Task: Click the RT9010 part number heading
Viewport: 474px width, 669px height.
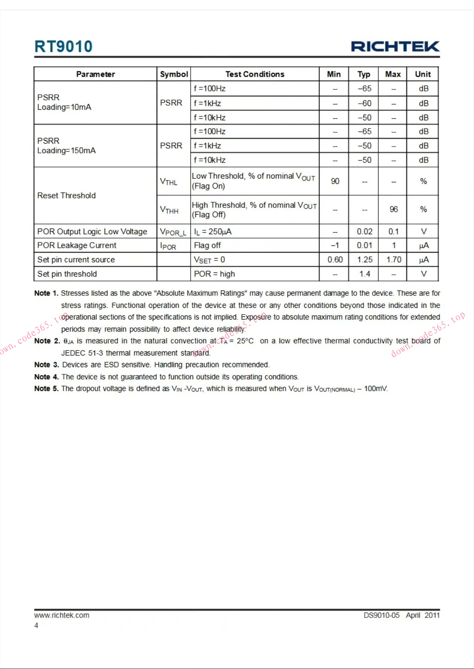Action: pyautogui.click(x=63, y=47)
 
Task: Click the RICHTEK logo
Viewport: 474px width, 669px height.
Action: pyautogui.click(x=395, y=47)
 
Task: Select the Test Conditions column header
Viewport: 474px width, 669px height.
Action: pyautogui.click(x=255, y=74)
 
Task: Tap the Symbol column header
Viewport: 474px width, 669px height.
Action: pyautogui.click(x=174, y=74)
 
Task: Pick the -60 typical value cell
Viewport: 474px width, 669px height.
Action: pyautogui.click(x=364, y=103)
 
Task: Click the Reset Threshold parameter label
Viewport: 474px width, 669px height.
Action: pyautogui.click(x=67, y=195)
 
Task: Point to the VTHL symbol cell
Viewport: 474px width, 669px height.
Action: pyautogui.click(x=169, y=182)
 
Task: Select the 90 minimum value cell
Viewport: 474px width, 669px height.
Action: pyautogui.click(x=335, y=181)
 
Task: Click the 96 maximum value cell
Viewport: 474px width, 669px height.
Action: pyautogui.click(x=393, y=209)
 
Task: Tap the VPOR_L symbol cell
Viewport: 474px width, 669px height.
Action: pyautogui.click(x=173, y=232)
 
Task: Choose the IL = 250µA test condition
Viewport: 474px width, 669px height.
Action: pyautogui.click(x=213, y=232)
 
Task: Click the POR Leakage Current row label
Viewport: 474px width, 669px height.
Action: pyautogui.click(x=77, y=245)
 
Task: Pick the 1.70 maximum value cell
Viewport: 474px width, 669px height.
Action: pyautogui.click(x=393, y=260)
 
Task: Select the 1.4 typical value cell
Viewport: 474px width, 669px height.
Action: pyautogui.click(x=364, y=274)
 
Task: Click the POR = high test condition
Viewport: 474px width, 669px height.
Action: pyautogui.click(x=214, y=274)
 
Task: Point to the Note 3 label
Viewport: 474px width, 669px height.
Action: pyautogui.click(x=46, y=365)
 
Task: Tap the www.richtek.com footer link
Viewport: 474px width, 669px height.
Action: pyautogui.click(x=62, y=615)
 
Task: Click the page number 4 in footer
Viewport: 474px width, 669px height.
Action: pyautogui.click(x=36, y=625)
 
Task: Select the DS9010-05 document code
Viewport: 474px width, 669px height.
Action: pyautogui.click(x=381, y=615)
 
